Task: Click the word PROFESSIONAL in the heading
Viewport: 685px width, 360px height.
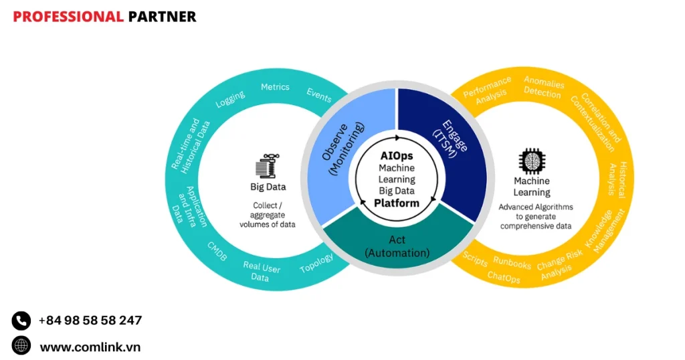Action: [68, 17]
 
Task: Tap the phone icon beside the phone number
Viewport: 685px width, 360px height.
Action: [21, 321]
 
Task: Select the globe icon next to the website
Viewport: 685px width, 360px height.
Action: [21, 346]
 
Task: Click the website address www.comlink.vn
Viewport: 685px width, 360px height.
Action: [90, 347]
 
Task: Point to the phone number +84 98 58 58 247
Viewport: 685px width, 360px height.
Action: [90, 321]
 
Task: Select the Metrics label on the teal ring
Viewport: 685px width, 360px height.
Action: [275, 87]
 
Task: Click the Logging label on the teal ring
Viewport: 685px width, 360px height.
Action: [230, 99]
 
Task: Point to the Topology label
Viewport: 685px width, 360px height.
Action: [316, 264]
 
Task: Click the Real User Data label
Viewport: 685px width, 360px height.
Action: [262, 272]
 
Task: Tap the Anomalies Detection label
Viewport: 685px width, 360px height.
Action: [543, 88]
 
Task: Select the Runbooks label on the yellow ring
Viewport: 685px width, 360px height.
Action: [512, 263]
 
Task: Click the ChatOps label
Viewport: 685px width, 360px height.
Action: [504, 277]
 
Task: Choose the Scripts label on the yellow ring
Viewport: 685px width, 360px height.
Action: [476, 259]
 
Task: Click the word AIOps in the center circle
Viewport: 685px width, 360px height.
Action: [397, 156]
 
